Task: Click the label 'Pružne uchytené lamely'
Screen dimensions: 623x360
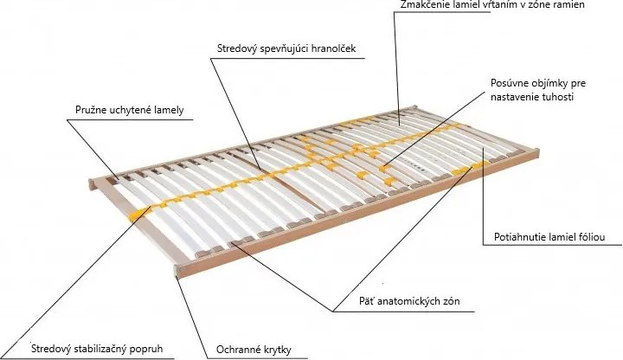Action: (x=130, y=110)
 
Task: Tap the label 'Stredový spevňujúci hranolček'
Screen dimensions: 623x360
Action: (x=286, y=48)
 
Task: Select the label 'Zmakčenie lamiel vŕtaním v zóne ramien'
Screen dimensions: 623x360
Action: (x=492, y=5)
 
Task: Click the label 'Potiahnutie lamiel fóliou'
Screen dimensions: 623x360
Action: (x=549, y=237)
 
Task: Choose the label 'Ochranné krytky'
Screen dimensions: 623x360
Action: (x=254, y=350)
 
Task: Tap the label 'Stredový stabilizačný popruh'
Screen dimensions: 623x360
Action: (x=97, y=349)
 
